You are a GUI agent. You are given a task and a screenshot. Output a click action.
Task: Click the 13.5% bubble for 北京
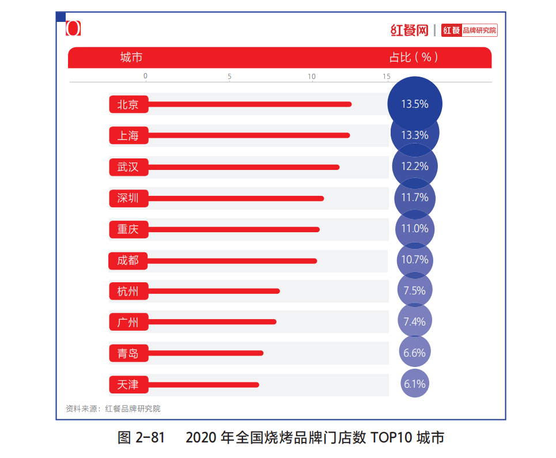coord(415,104)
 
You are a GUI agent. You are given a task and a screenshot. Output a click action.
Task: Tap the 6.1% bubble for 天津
coord(415,384)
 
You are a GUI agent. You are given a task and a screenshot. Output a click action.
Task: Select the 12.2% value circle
coord(415,166)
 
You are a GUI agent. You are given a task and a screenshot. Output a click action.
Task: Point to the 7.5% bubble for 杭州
coord(415,290)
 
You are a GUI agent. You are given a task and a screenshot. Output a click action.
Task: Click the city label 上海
coord(128,135)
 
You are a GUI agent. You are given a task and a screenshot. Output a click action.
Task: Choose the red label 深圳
coord(128,198)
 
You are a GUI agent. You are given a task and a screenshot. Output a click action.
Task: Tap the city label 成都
coord(128,260)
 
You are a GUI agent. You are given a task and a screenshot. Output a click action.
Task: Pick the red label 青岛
coord(128,353)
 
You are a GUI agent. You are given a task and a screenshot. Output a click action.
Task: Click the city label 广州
coord(128,322)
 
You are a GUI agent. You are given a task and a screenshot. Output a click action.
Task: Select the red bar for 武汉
coord(242,167)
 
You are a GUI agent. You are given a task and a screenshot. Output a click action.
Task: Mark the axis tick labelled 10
coord(312,77)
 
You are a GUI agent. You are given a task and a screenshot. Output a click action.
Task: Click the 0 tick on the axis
coord(146,77)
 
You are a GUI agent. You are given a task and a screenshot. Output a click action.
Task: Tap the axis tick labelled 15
coord(386,77)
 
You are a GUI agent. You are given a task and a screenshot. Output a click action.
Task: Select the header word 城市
coord(131,58)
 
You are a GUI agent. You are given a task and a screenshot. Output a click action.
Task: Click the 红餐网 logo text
coord(409,30)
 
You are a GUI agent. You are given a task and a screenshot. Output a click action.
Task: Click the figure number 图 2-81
coord(141,437)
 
